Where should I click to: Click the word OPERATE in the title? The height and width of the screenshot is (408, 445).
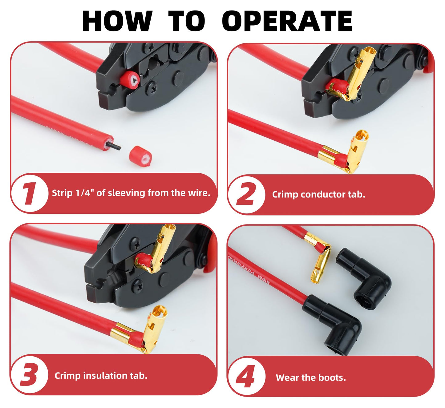287,21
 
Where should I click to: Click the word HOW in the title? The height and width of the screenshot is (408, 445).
117,21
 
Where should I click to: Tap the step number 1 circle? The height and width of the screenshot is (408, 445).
30,193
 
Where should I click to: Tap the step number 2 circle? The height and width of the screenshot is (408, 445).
246,194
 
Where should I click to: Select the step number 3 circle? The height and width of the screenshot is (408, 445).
29,375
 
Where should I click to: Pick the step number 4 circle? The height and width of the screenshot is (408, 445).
246,376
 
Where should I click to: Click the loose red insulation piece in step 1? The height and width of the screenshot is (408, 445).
140,157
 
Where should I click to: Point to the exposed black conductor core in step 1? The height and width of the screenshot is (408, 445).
114,145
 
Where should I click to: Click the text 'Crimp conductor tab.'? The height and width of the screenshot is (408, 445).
318,195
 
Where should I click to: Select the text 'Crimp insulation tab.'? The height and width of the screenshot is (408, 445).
101,376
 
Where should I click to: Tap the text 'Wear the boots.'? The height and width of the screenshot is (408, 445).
311,378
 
